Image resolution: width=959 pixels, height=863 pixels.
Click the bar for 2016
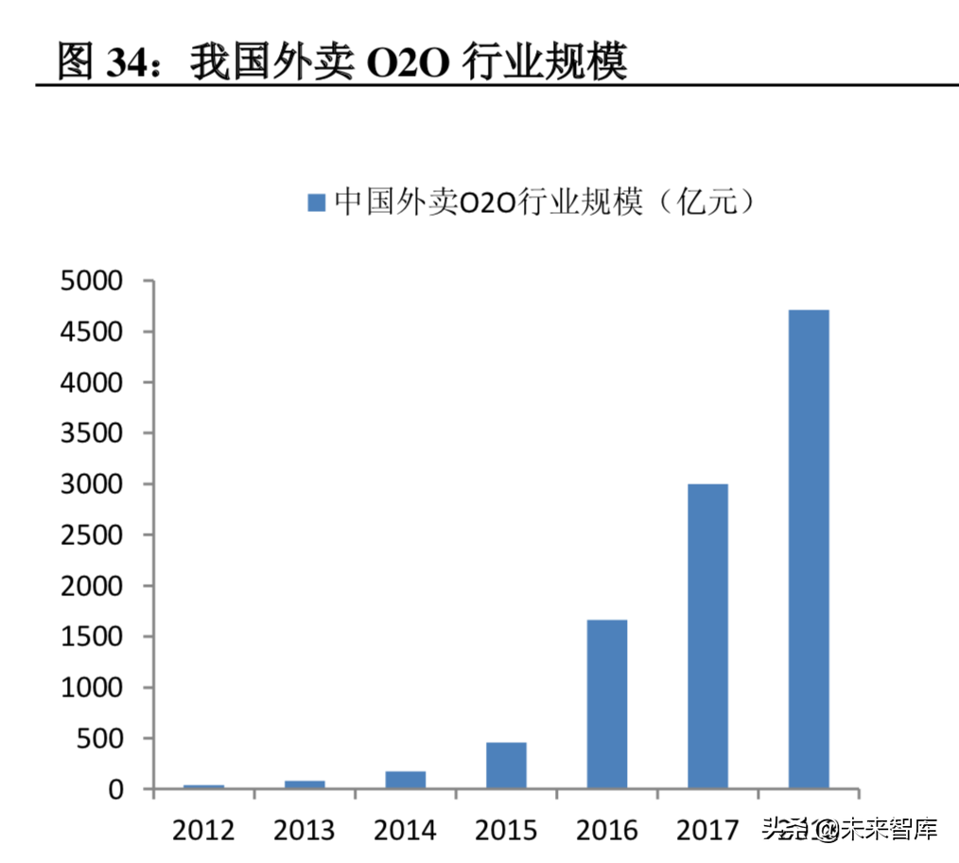(606, 704)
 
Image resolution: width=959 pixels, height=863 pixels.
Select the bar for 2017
(707, 636)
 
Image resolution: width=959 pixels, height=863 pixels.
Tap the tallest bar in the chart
(809, 549)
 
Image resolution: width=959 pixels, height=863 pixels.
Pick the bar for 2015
(506, 766)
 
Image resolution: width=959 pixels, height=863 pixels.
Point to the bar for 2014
(405, 780)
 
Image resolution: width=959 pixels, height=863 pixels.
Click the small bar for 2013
(305, 784)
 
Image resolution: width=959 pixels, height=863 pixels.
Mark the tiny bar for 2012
(203, 786)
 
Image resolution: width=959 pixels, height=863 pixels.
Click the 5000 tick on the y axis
(91, 281)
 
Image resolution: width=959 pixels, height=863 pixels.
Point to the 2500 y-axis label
(91, 536)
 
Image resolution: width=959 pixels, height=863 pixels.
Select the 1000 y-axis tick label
(91, 688)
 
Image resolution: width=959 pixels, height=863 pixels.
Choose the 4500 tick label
(91, 332)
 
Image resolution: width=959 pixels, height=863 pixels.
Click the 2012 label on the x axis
(203, 831)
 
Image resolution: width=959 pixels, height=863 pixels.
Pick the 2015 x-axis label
(506, 831)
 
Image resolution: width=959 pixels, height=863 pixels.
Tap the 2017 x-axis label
(707, 831)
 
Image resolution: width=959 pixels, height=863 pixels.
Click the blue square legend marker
(316, 203)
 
